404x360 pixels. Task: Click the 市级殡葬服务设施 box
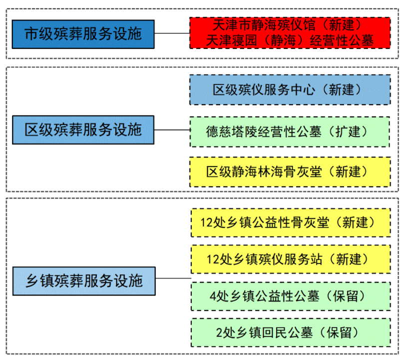(x=83, y=34)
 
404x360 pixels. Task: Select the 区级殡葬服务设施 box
(x=83, y=129)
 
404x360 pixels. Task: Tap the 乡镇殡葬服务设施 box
(x=84, y=281)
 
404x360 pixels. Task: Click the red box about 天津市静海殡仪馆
(x=290, y=33)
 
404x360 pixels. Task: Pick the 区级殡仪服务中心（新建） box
(x=290, y=89)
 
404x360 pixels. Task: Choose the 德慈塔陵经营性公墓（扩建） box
(x=290, y=132)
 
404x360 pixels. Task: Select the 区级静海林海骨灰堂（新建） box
(x=290, y=171)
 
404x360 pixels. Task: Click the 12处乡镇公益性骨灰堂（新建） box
(x=291, y=222)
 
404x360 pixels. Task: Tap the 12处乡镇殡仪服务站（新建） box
(x=291, y=259)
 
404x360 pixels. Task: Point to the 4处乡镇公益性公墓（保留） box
(x=291, y=296)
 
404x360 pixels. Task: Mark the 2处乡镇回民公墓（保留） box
(x=291, y=332)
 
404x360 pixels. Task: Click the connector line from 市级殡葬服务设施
(x=172, y=33)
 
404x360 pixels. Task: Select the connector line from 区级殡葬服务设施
(x=172, y=129)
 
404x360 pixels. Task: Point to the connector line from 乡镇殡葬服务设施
(x=173, y=278)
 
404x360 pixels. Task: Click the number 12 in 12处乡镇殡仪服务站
(x=213, y=259)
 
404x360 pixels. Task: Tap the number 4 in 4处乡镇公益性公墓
(x=212, y=296)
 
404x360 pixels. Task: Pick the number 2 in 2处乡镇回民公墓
(x=219, y=333)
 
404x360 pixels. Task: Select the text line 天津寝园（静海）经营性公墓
(x=290, y=40)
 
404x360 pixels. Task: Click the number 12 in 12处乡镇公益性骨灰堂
(x=206, y=223)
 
